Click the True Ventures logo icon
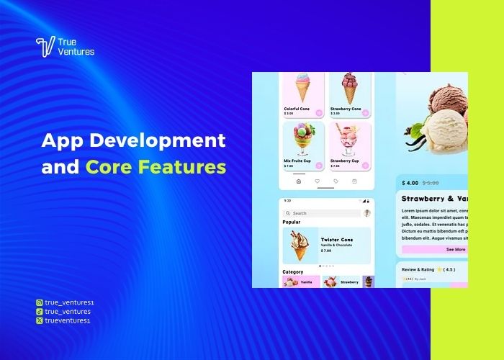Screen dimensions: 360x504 [45, 47]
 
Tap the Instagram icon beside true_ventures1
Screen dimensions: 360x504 [39, 303]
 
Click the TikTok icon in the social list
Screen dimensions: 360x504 [39, 312]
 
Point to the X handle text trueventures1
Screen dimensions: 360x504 [68, 320]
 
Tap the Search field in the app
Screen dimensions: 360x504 [321, 213]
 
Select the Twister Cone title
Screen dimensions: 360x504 [338, 238]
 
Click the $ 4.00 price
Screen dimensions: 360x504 [411, 183]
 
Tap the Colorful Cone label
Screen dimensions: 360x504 [297, 109]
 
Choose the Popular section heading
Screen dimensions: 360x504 [292, 222]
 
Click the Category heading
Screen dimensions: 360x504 [293, 272]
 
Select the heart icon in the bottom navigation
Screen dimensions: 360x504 [317, 181]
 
